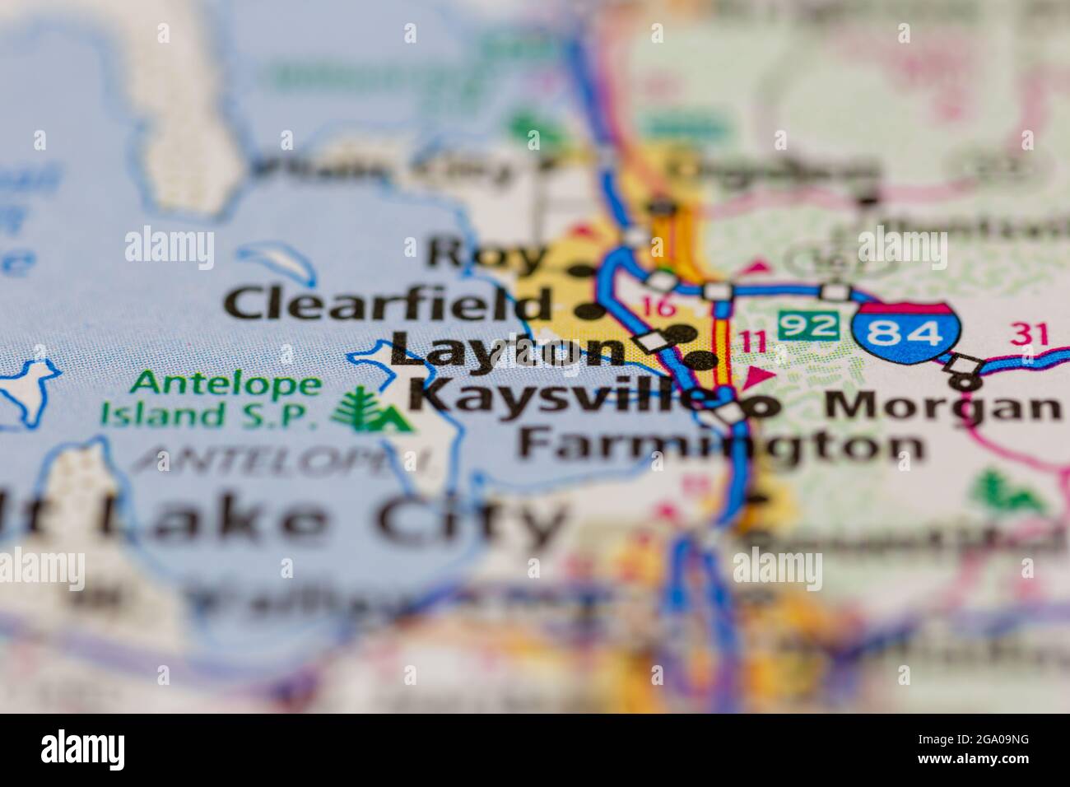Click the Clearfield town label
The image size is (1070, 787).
coord(387,304)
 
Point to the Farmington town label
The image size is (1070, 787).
coord(720,445)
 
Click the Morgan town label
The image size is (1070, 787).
coord(942,407)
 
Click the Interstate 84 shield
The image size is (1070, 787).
coord(907,333)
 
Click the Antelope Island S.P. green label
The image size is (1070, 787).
coord(210,398)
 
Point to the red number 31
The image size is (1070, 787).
coord(1030,333)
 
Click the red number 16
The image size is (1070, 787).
coord(659,308)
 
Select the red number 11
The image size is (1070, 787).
coord(753,339)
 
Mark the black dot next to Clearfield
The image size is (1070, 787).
coord(588,311)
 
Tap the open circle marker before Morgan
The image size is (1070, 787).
coord(763,405)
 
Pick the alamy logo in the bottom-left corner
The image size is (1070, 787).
coord(83,750)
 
